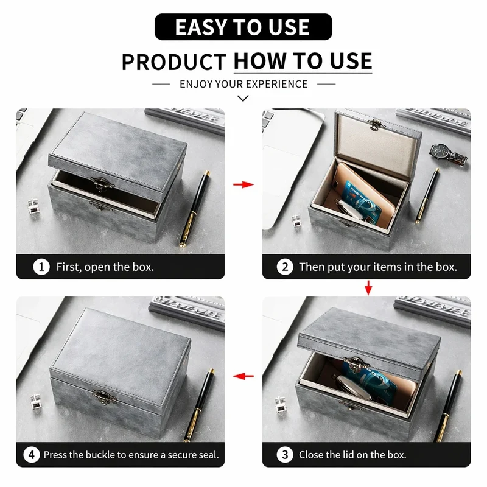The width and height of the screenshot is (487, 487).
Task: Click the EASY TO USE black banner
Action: pos(243,27)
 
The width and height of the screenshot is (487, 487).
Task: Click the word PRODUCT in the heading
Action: pos(173,62)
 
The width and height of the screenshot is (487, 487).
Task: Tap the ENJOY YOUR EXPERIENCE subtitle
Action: pos(243,84)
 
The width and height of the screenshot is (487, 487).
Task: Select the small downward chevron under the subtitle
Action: pos(243,99)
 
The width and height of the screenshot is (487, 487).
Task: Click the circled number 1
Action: pos(41,267)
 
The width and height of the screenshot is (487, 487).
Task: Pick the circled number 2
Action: pos(285,267)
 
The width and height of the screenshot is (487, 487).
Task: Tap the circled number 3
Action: pos(285,455)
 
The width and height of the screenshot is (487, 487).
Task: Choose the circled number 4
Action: pos(32,455)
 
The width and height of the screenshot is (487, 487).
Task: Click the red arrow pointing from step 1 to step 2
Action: pos(243,184)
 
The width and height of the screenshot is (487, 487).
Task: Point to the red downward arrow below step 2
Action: pos(368,288)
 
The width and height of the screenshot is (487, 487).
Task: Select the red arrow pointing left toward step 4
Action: pos(243,376)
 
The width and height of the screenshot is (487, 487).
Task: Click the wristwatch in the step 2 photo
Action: pos(448,155)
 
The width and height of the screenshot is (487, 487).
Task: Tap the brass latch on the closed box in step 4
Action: pos(104,398)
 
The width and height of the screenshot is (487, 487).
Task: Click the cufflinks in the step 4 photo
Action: pos(35,402)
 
